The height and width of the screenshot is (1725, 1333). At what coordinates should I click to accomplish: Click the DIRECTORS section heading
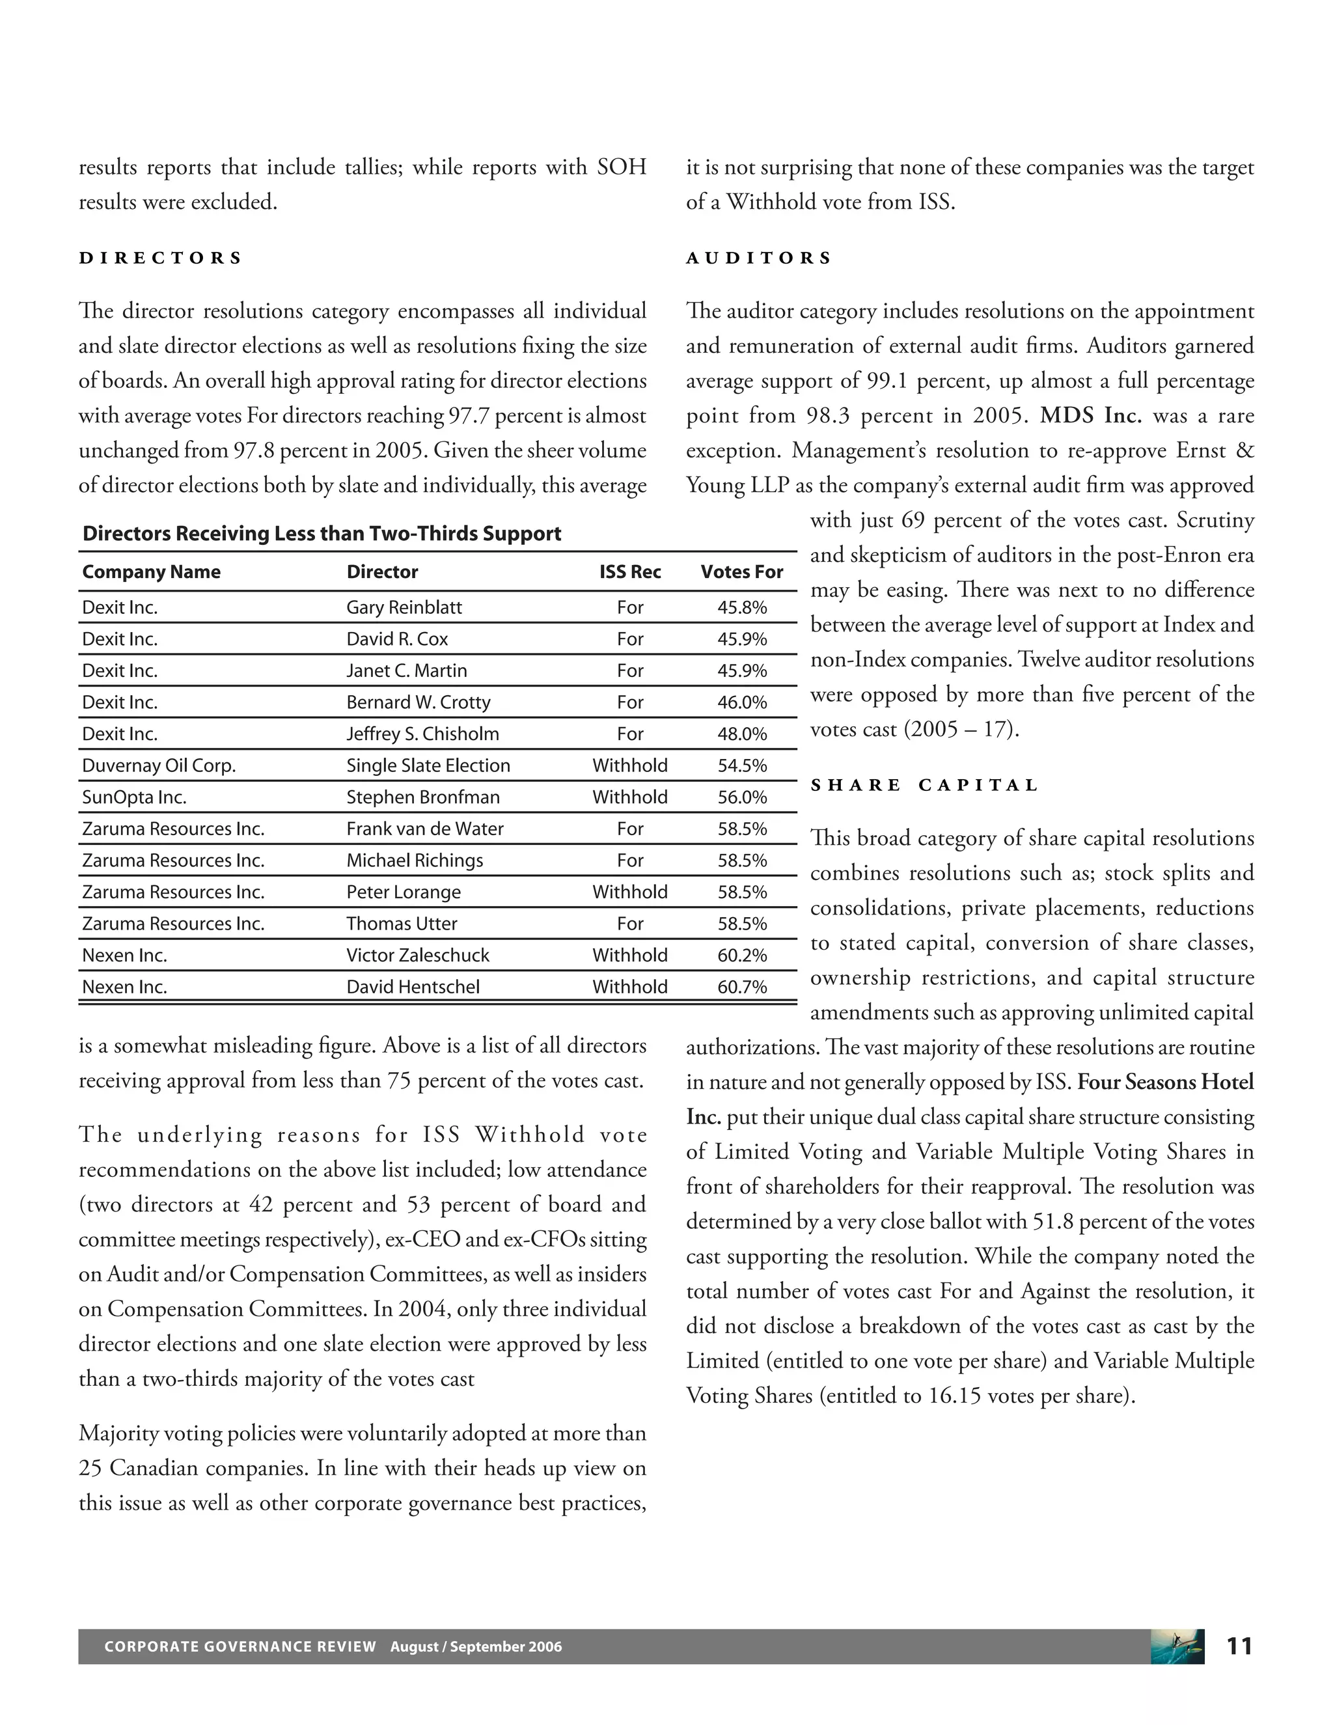pos(160,258)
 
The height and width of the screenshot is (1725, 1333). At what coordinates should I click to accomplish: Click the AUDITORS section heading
pos(758,258)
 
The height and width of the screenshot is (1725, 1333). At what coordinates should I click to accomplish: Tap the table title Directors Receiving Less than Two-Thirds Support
pos(322,534)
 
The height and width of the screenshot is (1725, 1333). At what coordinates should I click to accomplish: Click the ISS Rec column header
pos(629,572)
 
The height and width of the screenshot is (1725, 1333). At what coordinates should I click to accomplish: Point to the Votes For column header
pos(741,572)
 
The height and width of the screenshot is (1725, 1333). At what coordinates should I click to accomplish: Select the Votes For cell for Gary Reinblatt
pos(741,607)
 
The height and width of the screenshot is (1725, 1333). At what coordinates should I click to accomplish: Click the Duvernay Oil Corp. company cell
pos(159,766)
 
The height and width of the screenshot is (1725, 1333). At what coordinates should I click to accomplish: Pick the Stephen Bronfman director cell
pos(422,797)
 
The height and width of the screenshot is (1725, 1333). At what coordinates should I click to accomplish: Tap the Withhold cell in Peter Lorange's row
pos(629,892)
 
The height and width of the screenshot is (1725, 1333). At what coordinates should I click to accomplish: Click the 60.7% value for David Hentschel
pos(741,986)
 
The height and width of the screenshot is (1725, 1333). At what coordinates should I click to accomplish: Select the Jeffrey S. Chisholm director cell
pos(422,734)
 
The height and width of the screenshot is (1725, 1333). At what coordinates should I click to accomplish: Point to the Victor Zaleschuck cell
pos(418,955)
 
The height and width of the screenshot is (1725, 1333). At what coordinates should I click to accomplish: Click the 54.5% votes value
pos(741,766)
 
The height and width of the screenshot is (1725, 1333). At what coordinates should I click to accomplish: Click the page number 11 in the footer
pos(1239,1647)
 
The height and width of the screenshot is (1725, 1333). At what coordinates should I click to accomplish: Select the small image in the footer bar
pos(1177,1647)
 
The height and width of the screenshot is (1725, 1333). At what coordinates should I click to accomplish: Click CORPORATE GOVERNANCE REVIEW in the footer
pos(240,1647)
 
